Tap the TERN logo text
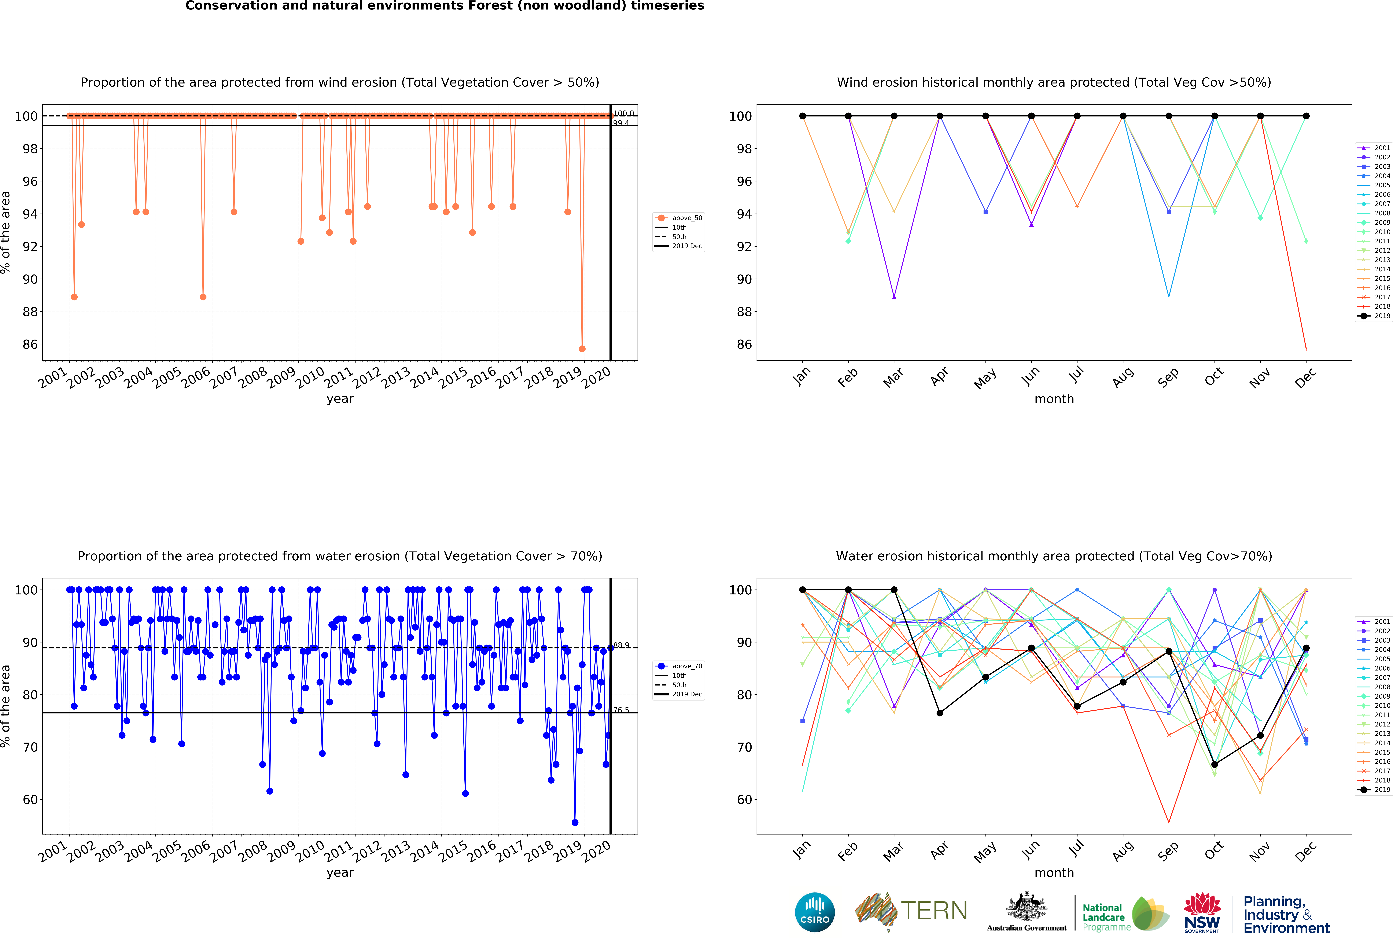934,911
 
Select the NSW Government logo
1202,912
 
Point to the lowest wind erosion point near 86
582,349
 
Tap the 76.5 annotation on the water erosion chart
621,710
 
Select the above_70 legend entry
679,666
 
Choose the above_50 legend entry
679,218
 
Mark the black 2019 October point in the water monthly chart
1214,765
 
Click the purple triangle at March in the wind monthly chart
894,297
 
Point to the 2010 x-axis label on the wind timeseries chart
310,377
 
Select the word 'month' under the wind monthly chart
1054,399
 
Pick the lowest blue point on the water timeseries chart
575,823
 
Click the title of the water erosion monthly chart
1054,556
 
